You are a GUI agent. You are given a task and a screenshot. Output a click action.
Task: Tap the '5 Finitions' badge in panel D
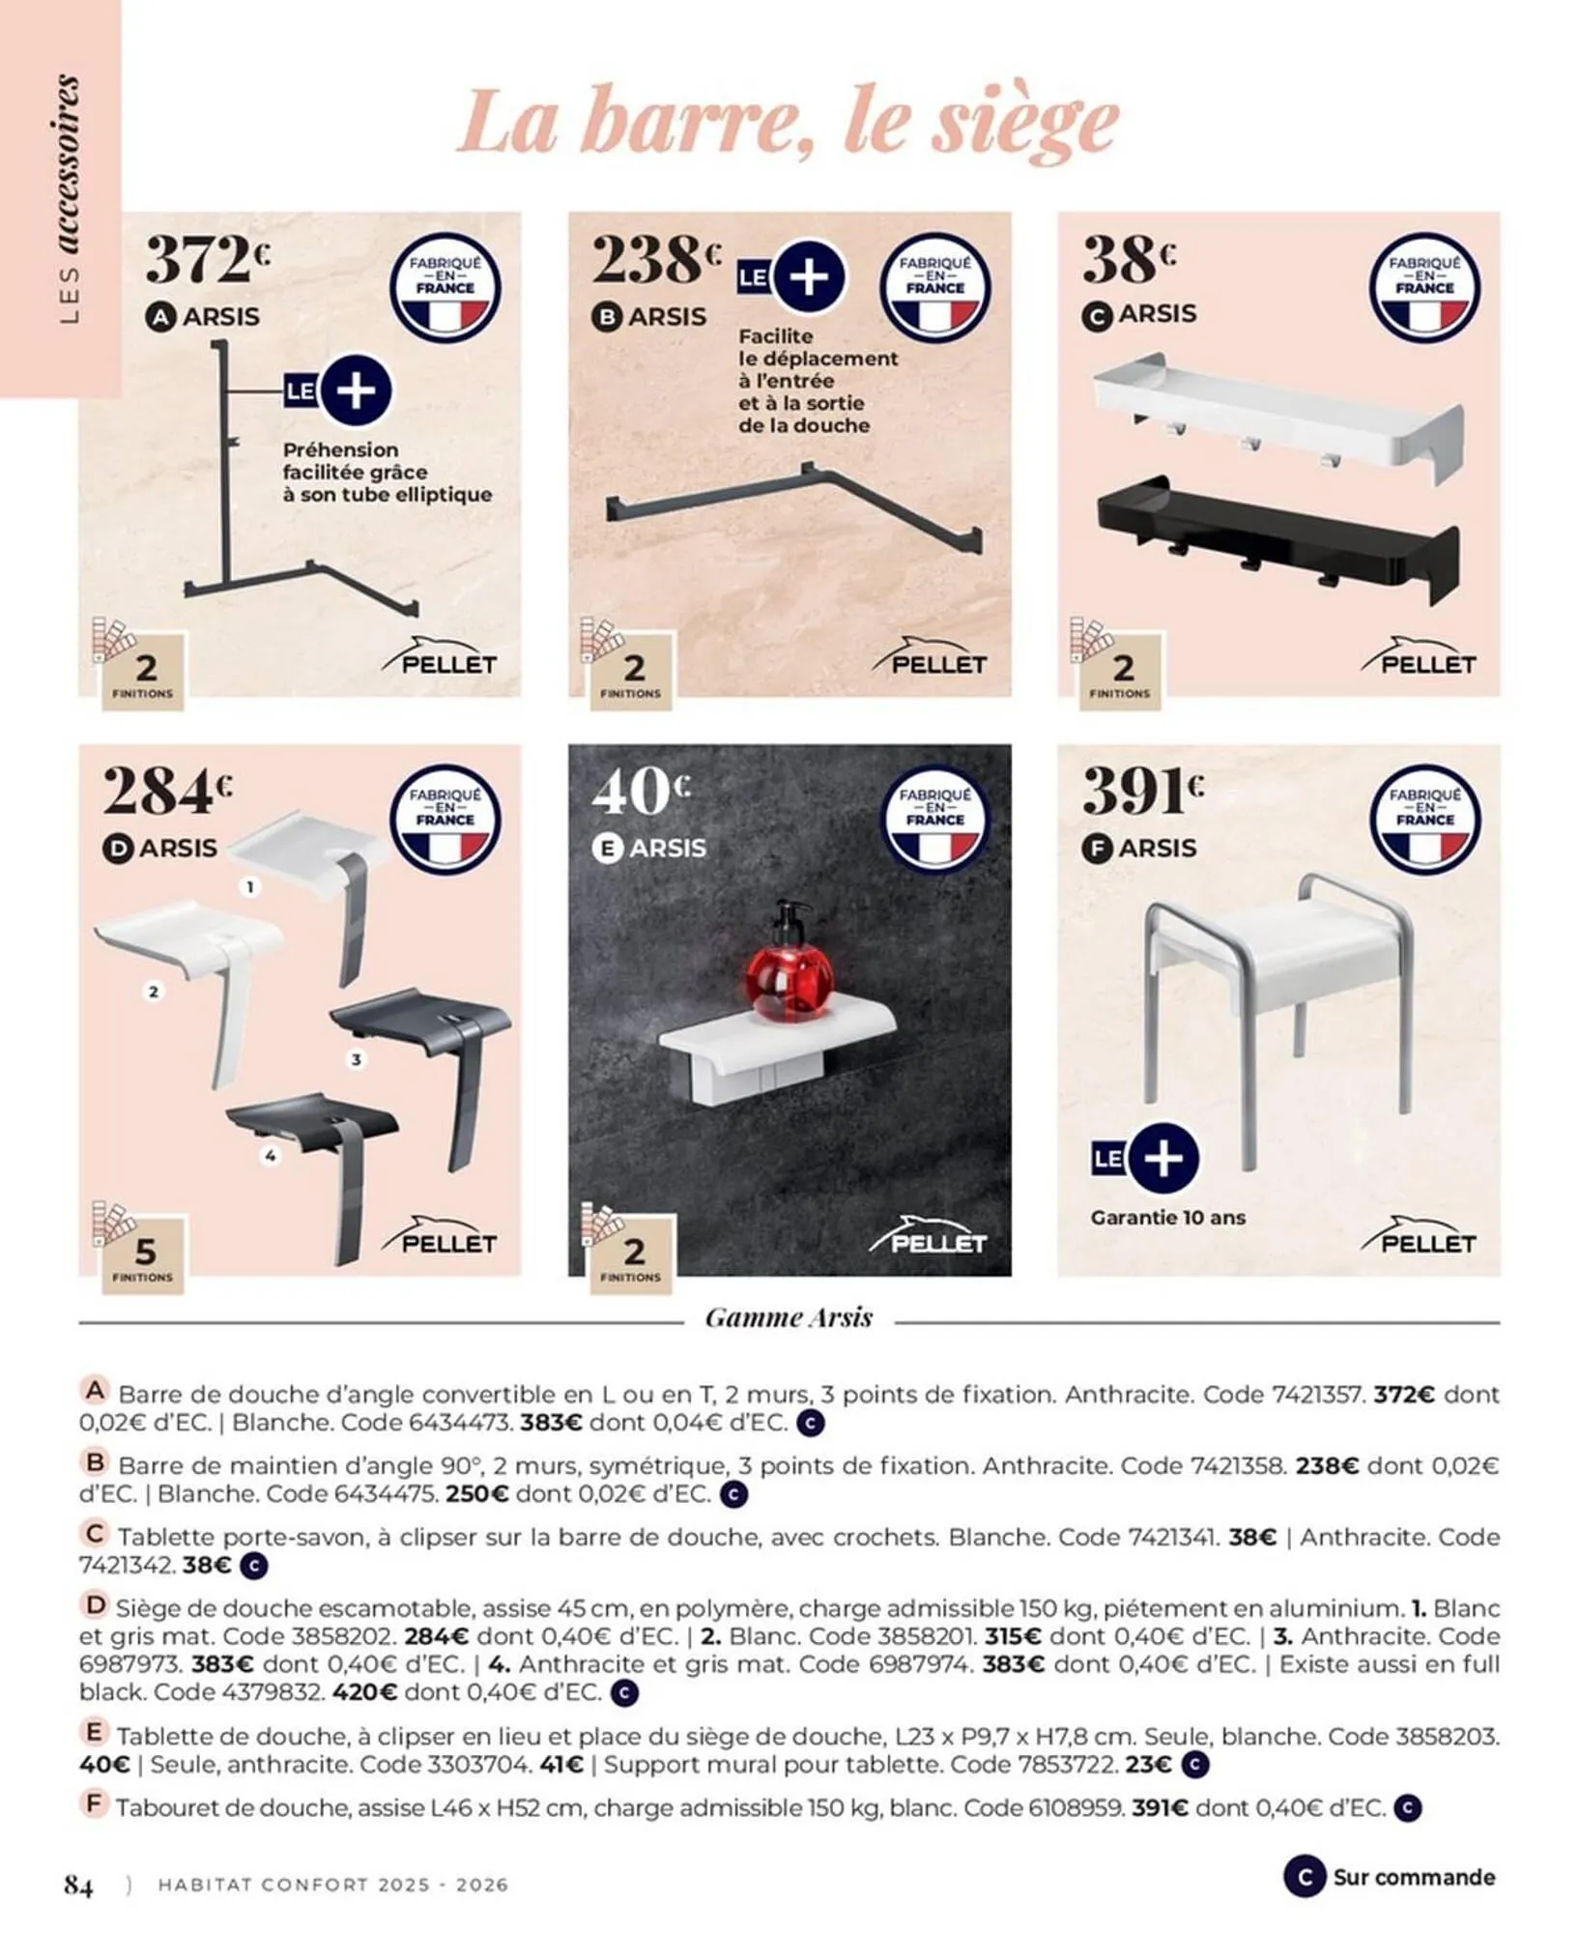144,1256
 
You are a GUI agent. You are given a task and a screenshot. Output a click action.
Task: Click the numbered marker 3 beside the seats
357,1060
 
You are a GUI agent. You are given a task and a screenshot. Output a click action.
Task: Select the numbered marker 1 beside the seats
250,886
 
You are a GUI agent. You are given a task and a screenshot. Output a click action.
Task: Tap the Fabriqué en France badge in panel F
1424,820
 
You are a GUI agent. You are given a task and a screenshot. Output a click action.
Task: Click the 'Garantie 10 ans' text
1167,1218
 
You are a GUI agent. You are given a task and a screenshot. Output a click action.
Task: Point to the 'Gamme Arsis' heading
789,1317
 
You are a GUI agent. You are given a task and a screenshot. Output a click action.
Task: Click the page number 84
78,1885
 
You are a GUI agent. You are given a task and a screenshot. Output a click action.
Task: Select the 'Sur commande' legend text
1413,1877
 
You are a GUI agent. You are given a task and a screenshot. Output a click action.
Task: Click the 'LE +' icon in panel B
792,278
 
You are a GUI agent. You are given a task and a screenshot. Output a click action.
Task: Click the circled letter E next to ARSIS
607,849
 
